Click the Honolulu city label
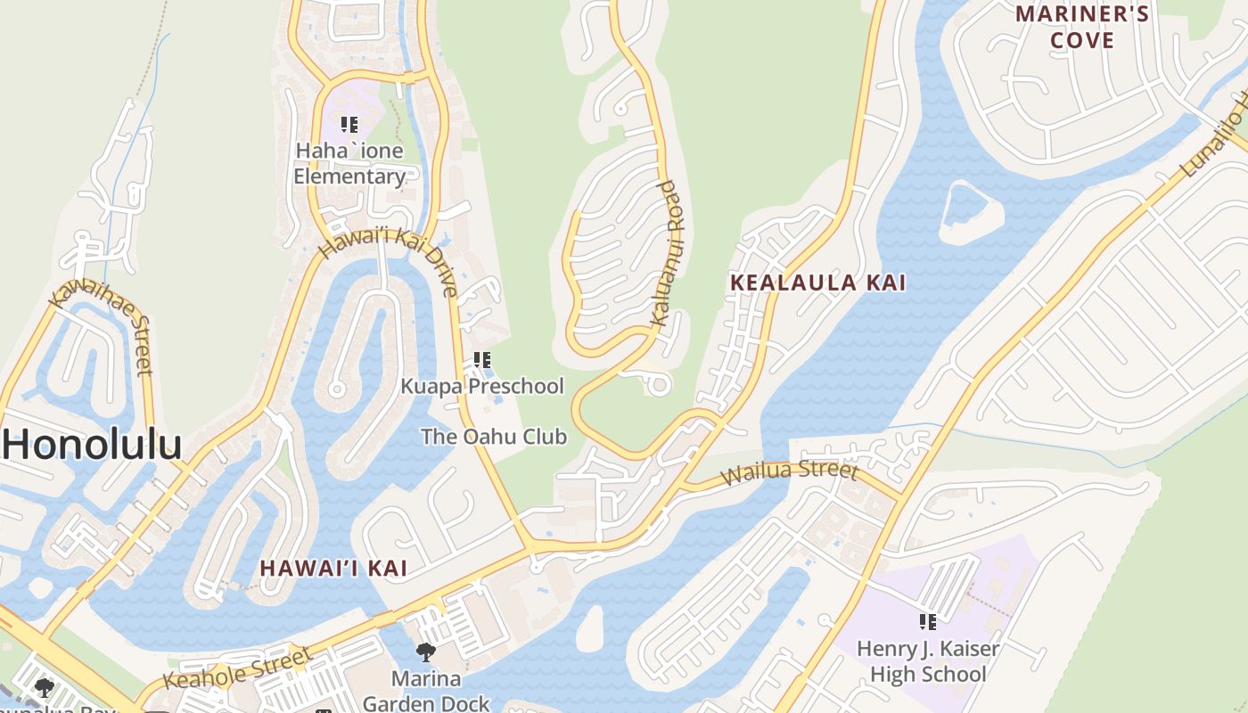(92, 444)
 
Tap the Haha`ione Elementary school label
(349, 163)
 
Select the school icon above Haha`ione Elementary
(349, 125)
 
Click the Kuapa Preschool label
(481, 386)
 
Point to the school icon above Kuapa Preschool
(481, 360)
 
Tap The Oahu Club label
(493, 437)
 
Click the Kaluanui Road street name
(665, 253)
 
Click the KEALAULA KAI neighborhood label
(817, 283)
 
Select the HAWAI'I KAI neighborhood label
(333, 568)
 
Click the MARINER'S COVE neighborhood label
(1082, 27)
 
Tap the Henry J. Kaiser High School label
(928, 661)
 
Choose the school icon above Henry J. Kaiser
(928, 622)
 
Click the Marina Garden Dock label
(426, 691)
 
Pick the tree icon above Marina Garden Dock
(426, 652)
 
